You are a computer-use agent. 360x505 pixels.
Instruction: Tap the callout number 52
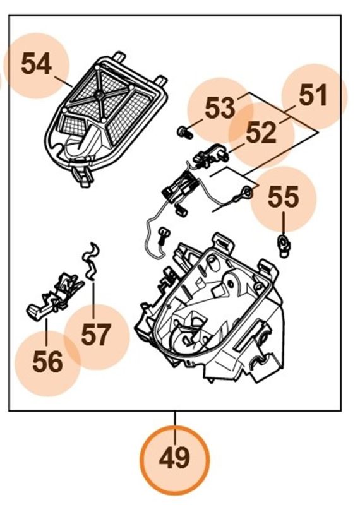tap(261, 133)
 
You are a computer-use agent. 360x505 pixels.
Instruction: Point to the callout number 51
tap(314, 96)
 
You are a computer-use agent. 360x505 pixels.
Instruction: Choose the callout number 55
tap(283, 198)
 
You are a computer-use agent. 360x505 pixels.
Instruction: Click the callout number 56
tap(48, 362)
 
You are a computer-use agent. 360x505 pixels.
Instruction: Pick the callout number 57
tap(96, 335)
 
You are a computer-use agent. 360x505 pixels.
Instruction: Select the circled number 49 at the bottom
tap(175, 457)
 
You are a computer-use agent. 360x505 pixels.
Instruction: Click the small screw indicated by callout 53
tap(183, 131)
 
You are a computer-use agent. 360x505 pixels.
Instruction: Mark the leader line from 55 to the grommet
tap(283, 223)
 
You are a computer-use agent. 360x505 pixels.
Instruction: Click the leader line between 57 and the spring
tap(93, 297)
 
